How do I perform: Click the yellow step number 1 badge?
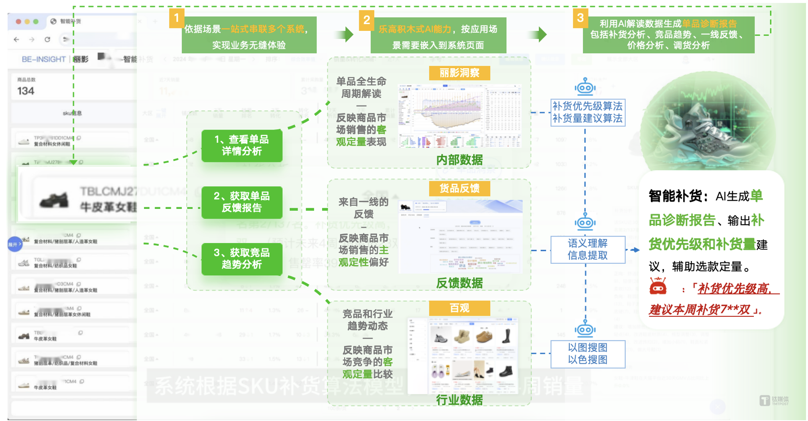click(x=177, y=18)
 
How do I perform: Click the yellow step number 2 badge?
click(x=366, y=20)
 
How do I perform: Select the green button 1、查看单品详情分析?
click(x=242, y=146)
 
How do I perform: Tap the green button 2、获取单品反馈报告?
click(x=242, y=202)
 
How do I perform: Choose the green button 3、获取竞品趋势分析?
click(x=242, y=259)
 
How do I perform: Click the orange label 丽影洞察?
click(x=459, y=73)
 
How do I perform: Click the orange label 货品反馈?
click(x=459, y=188)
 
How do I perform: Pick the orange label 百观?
click(x=459, y=308)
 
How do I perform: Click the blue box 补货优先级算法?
click(x=587, y=112)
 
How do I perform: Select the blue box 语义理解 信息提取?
click(x=587, y=249)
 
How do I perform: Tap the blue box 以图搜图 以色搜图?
click(x=587, y=354)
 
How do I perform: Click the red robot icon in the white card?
click(x=658, y=286)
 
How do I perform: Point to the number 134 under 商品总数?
click(x=26, y=91)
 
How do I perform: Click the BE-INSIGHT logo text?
click(x=43, y=59)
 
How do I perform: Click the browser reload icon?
click(x=47, y=39)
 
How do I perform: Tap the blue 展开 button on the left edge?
click(x=14, y=244)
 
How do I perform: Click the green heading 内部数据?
click(x=459, y=160)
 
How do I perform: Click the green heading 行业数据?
click(x=459, y=400)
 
